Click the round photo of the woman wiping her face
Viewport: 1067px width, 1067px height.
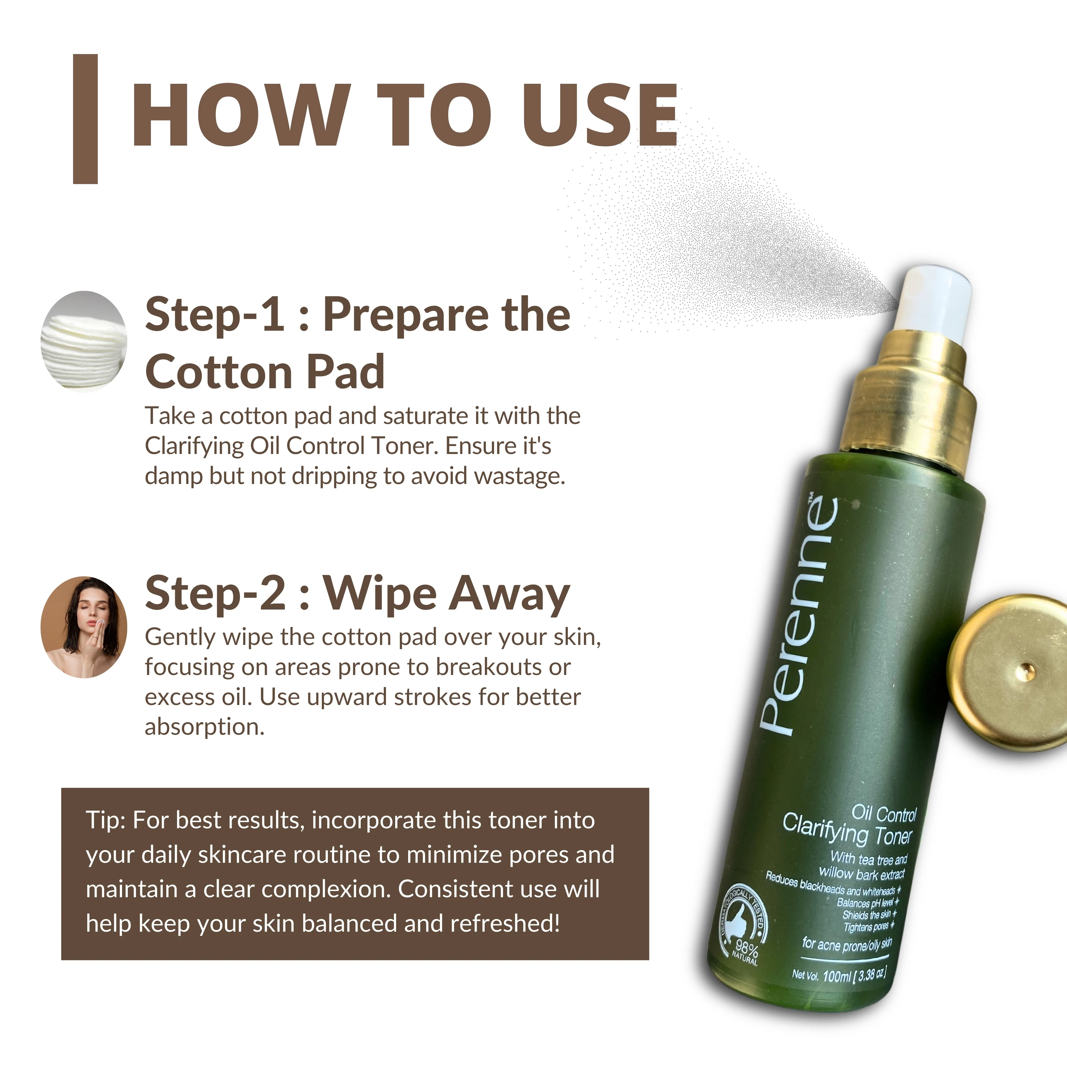point(84,627)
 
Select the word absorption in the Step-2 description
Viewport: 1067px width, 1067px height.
point(204,727)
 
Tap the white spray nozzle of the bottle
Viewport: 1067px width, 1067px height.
point(933,301)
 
